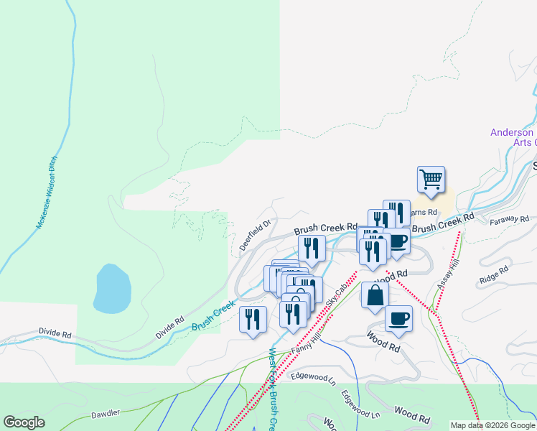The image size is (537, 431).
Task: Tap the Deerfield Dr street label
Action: click(256, 235)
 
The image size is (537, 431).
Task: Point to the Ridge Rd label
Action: click(494, 274)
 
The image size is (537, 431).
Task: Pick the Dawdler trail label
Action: click(106, 414)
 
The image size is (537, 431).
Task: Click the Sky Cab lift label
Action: click(336, 295)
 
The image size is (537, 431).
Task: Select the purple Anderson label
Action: click(512, 132)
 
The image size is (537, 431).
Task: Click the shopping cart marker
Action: click(431, 179)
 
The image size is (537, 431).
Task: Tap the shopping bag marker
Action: click(375, 295)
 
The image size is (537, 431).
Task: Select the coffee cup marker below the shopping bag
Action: click(398, 318)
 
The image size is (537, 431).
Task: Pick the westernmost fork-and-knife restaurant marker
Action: click(253, 319)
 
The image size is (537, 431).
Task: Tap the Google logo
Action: click(24, 422)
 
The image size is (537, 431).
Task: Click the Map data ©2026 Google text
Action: click(492, 425)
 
